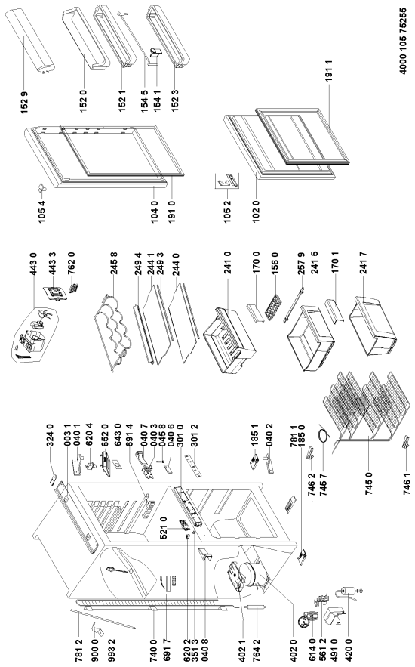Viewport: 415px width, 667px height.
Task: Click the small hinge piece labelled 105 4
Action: [x=41, y=187]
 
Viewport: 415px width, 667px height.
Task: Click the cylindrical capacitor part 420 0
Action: [x=346, y=593]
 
